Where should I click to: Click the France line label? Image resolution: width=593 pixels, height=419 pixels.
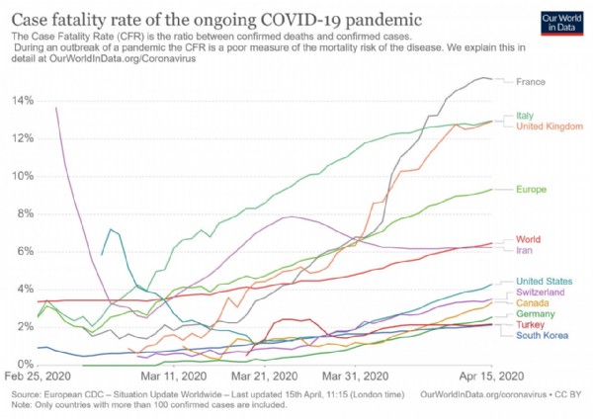(x=530, y=81)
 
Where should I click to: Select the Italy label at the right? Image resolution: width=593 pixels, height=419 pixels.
(x=524, y=116)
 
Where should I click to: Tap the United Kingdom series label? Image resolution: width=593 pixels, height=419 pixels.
(x=548, y=126)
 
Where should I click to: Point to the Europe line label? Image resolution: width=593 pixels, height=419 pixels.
(x=532, y=189)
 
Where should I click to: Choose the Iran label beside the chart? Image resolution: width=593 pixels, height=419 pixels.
(x=525, y=251)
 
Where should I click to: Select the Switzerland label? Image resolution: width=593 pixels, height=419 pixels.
(x=543, y=293)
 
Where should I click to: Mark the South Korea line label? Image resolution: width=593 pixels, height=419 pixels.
(x=542, y=336)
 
